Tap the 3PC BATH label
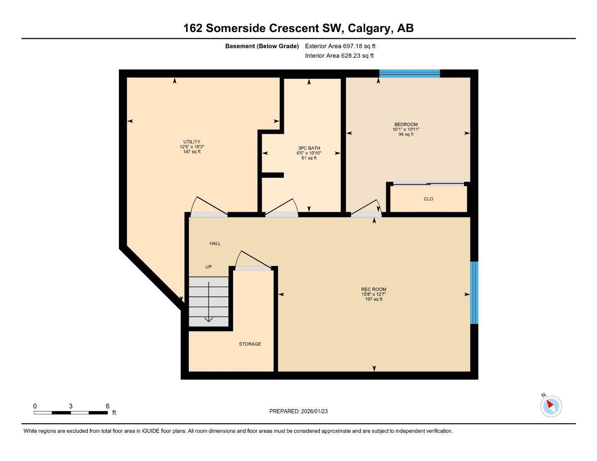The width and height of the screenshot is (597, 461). point(309,148)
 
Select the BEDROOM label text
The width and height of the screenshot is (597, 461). point(406,125)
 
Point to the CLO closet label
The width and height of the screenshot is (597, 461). point(428,199)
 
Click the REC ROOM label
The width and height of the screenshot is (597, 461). point(374,289)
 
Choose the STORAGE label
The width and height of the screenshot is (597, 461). point(250,344)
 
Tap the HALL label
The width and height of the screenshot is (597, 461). point(215,244)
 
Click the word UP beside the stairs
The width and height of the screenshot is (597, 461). point(208,267)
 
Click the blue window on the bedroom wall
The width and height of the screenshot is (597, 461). point(409,73)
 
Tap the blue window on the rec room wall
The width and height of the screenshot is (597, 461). point(474,293)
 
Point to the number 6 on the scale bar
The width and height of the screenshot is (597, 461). point(108,406)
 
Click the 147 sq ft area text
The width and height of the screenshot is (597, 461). point(191,152)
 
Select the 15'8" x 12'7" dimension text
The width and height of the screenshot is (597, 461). point(374,294)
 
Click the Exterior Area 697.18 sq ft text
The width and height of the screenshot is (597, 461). point(340,46)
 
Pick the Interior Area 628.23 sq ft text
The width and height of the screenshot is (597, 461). point(339,56)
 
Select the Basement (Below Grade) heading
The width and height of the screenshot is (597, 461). point(262,46)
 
